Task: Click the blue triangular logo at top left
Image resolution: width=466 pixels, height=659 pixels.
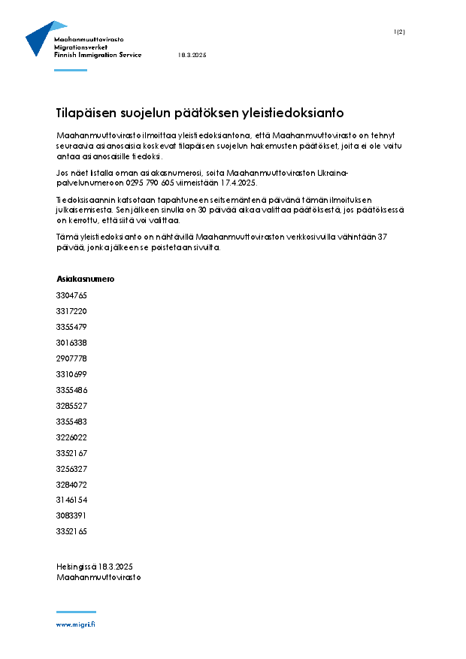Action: click(x=39, y=38)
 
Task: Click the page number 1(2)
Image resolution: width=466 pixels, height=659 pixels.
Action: click(x=399, y=32)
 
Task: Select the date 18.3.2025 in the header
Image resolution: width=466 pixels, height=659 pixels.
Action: click(x=192, y=56)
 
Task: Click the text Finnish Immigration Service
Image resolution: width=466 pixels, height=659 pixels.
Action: click(x=98, y=56)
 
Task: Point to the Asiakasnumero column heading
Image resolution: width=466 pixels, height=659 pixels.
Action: click(x=85, y=279)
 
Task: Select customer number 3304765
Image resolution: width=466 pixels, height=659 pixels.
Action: click(x=71, y=295)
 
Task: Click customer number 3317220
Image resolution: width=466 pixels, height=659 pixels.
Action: click(x=71, y=311)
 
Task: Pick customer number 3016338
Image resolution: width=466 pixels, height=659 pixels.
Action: click(x=71, y=343)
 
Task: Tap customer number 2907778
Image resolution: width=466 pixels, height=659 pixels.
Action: click(x=71, y=358)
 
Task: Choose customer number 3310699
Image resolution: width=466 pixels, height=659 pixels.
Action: click(x=71, y=374)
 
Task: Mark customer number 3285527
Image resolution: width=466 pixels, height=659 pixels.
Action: click(x=71, y=406)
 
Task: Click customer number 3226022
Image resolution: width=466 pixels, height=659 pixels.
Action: click(x=71, y=437)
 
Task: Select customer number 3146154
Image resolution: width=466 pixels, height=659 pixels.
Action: click(x=71, y=500)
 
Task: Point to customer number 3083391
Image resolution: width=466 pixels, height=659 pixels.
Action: click(x=71, y=515)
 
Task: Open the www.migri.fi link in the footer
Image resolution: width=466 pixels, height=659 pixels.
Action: click(x=75, y=624)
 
